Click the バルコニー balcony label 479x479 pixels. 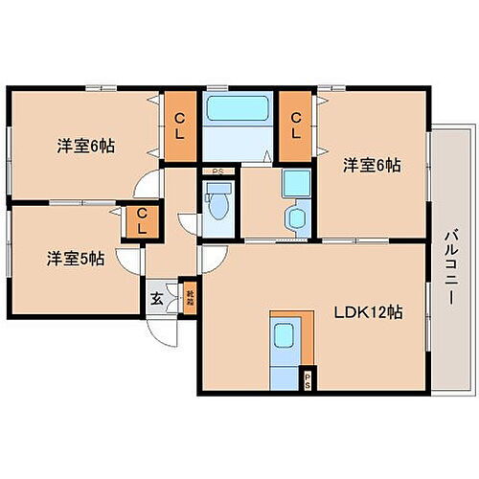448,265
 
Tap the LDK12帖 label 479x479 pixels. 369,313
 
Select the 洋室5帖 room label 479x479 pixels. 72,258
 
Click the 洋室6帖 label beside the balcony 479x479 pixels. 372,165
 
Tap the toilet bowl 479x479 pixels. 218,204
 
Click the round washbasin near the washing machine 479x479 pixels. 294,218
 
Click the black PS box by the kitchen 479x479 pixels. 308,378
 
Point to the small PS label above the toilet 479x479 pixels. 218,172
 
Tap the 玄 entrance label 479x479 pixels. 157,298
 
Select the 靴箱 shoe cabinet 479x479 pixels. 190,301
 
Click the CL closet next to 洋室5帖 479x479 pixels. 140,222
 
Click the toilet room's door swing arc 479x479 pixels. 188,221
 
